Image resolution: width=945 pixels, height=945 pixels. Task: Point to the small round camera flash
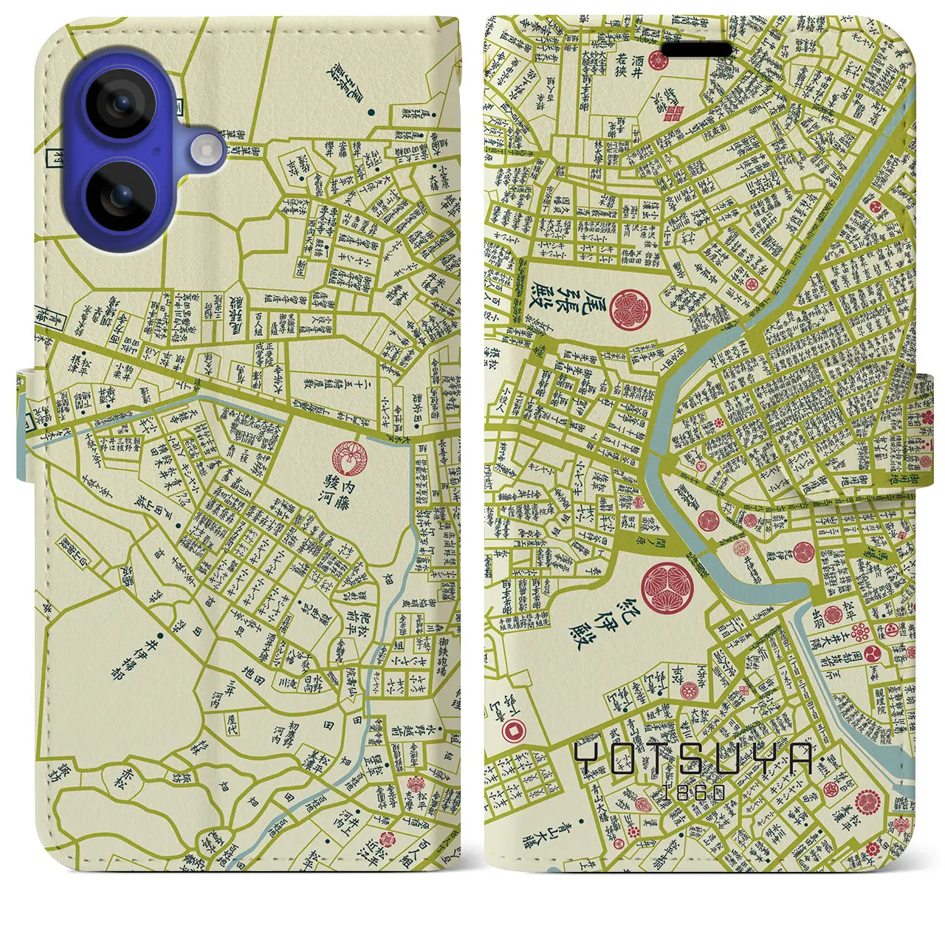[x=207, y=152]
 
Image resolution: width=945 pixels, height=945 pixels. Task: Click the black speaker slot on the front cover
[x=697, y=50]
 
